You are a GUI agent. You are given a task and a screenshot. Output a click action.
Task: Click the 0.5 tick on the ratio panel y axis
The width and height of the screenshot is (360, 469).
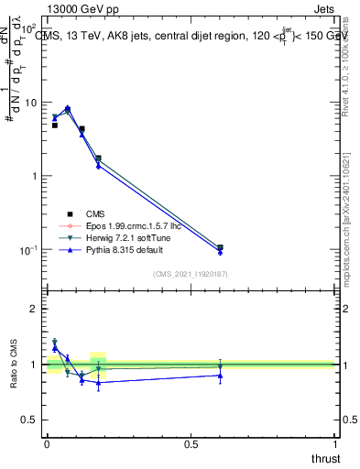pyautogui.click(x=33, y=420)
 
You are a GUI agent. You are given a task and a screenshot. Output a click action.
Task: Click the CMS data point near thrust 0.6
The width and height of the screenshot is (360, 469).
pyautogui.click(x=220, y=247)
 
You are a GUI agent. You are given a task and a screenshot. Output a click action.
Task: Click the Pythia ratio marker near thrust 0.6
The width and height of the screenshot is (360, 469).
pyautogui.click(x=220, y=375)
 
